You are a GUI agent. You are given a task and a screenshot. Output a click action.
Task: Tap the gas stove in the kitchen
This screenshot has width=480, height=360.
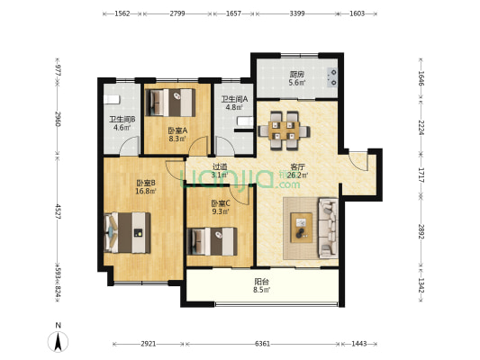point(332,77)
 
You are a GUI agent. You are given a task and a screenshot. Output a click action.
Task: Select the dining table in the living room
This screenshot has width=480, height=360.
point(284,130)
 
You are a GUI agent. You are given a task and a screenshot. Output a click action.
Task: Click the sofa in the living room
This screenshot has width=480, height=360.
point(329,228)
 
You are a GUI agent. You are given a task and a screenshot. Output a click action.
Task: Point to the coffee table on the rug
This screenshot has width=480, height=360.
point(301,228)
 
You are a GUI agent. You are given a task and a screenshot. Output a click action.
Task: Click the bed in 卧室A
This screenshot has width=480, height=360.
point(170,103)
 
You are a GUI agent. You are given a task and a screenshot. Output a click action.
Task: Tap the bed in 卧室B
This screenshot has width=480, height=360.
point(127,233)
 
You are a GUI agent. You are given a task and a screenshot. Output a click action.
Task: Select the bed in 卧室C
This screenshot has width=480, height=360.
point(213,241)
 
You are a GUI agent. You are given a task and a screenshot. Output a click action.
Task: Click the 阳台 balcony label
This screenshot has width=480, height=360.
point(262,282)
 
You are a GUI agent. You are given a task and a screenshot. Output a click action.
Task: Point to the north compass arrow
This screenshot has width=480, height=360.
point(59,342)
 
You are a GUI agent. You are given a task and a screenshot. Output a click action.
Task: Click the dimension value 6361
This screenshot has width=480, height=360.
point(263,344)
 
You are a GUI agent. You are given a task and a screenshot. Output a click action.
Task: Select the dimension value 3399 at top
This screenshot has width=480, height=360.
point(297,13)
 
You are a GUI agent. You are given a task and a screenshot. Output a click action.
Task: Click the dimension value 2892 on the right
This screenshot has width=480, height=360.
point(421,232)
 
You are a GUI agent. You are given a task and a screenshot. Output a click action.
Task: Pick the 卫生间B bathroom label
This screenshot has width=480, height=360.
point(122,120)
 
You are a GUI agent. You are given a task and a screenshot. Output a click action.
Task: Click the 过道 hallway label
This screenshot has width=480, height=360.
point(220,166)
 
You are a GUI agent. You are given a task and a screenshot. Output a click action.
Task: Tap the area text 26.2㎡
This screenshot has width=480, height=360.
point(297,175)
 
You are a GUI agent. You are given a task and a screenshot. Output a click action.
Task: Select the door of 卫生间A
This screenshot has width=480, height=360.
point(226,146)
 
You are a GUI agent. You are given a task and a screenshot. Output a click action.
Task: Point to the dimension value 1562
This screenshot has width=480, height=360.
point(122,13)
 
